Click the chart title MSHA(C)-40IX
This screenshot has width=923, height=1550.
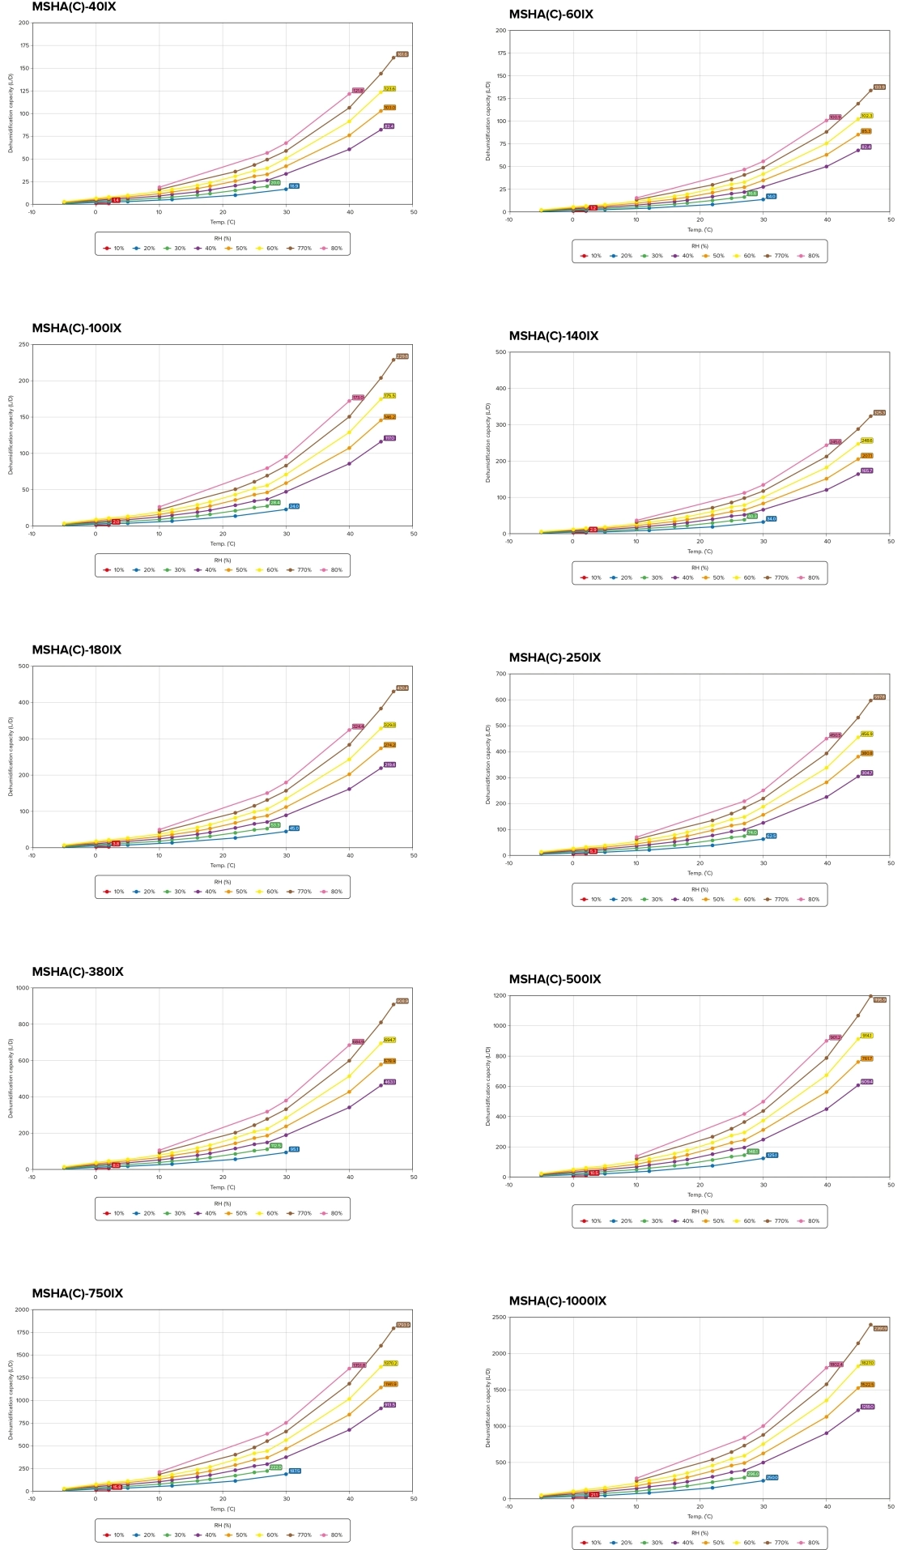pyautogui.click(x=74, y=7)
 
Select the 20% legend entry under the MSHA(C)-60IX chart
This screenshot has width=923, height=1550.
pyautogui.click(x=622, y=256)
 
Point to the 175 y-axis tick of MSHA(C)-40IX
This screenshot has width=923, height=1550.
pyautogui.click(x=24, y=45)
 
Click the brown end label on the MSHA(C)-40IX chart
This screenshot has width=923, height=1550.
pyautogui.click(x=402, y=54)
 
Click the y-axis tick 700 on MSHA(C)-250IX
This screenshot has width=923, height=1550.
pyautogui.click(x=501, y=674)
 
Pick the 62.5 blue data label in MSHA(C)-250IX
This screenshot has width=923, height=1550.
pyautogui.click(x=771, y=836)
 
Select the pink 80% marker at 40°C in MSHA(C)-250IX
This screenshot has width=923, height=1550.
pyautogui.click(x=827, y=739)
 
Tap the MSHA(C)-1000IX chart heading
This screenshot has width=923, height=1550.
pyautogui.click(x=557, y=1301)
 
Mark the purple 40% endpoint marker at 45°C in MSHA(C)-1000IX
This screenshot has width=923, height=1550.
pyautogui.click(x=858, y=1410)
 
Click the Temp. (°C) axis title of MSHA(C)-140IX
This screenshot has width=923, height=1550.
pyautogui.click(x=700, y=551)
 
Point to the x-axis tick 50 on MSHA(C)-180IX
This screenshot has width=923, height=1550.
pyautogui.click(x=414, y=855)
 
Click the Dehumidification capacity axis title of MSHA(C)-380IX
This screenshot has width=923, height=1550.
pyautogui.click(x=11, y=1078)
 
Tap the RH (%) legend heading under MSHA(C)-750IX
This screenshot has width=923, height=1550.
pyautogui.click(x=223, y=1525)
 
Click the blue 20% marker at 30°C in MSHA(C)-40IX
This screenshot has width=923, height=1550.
pyautogui.click(x=286, y=189)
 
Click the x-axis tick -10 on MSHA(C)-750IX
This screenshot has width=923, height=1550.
pyautogui.click(x=32, y=1499)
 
